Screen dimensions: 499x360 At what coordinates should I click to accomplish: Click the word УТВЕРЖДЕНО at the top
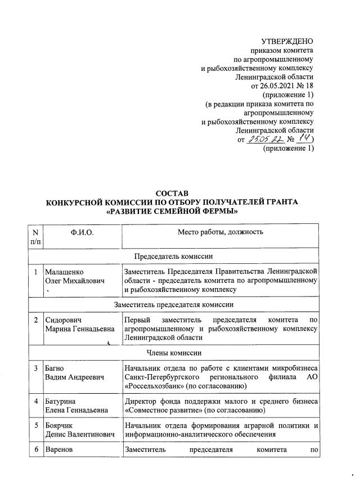click(x=287, y=41)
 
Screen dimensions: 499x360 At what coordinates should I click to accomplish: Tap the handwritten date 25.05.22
click(x=265, y=140)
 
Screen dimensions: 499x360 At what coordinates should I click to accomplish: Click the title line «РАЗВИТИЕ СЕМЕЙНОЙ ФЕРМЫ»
click(x=172, y=212)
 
